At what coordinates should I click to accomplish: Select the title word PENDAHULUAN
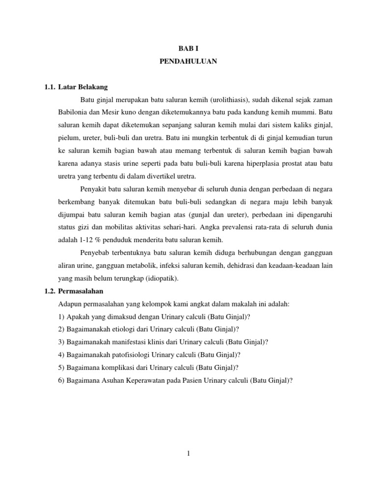click(188, 62)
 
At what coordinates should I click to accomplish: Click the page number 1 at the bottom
click(188, 453)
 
